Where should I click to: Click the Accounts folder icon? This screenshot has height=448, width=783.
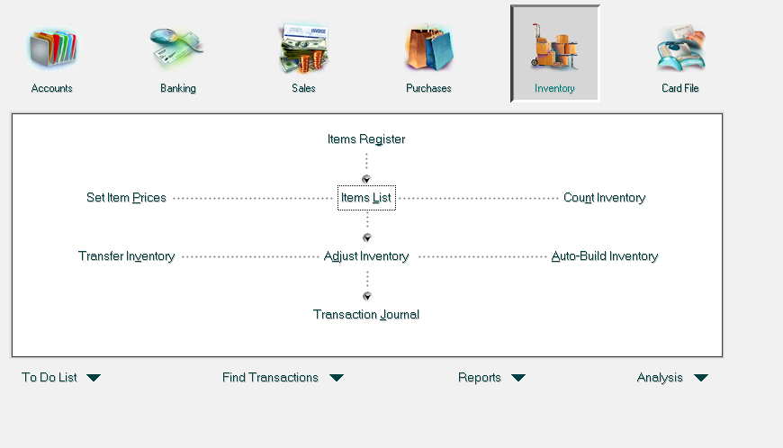[52, 49]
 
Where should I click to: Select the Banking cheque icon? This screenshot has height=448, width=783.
[176, 48]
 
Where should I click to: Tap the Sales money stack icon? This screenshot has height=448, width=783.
[303, 48]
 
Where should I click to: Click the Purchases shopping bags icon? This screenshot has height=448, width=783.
[429, 47]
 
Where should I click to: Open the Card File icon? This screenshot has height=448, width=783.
[681, 48]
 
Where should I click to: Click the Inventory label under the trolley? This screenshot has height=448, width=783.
[554, 88]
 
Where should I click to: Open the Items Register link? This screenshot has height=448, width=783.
[366, 139]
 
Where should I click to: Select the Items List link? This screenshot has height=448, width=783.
[366, 198]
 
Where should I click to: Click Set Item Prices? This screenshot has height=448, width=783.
[126, 198]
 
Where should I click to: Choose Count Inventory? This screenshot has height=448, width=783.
[604, 198]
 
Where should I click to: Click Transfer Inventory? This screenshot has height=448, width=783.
[126, 255]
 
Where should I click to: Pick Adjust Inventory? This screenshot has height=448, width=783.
[366, 255]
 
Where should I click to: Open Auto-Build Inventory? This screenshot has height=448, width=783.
[604, 255]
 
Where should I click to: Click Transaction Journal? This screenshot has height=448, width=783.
[366, 314]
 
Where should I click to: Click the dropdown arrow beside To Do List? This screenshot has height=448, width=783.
[94, 378]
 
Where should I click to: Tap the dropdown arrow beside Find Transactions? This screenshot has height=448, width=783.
[337, 378]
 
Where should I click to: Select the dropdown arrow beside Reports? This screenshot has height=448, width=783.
[518, 378]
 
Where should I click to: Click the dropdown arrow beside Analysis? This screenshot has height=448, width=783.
[701, 378]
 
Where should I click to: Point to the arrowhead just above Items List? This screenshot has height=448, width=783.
[366, 179]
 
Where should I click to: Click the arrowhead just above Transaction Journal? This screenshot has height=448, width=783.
[367, 296]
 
